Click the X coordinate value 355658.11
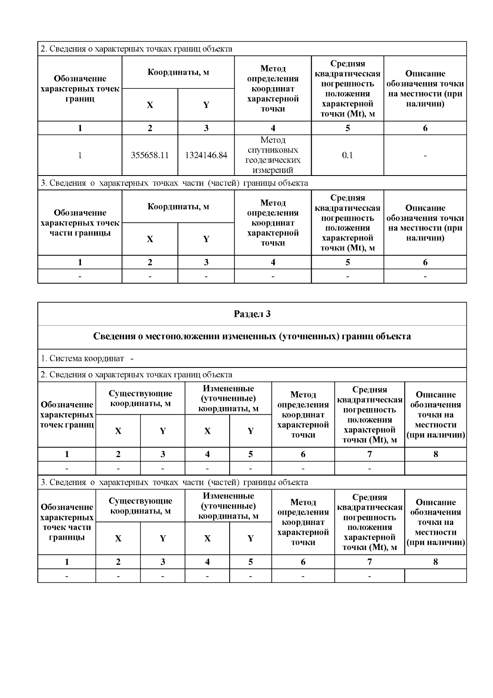click(150, 155)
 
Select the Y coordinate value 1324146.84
click(206, 155)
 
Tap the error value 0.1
click(348, 155)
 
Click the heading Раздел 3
click(252, 314)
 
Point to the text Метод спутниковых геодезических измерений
click(273, 155)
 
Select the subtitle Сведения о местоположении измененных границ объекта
click(252, 336)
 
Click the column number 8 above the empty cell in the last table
click(435, 562)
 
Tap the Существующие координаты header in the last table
click(141, 506)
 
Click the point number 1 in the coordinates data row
click(80, 155)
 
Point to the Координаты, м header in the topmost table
click(178, 72)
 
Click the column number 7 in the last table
click(369, 562)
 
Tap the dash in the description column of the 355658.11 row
click(425, 155)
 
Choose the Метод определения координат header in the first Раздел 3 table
click(303, 414)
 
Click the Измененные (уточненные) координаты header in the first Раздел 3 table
click(228, 398)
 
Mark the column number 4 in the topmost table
click(273, 128)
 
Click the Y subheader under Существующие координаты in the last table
click(163, 539)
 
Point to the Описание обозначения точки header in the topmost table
click(425, 88)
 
